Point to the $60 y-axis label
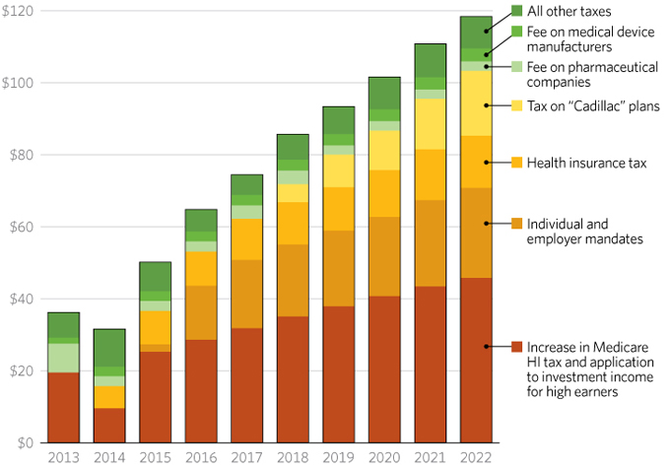pos(21,227)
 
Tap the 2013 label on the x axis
pos(63,457)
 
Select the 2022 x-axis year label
pos(476,457)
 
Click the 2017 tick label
pos(246,457)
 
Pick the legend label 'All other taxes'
pos(569,11)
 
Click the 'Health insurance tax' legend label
pos(586,163)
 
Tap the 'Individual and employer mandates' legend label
pos(584,232)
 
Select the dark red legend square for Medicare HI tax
pos(516,347)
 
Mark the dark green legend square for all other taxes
pos(516,11)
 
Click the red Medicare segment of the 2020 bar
pos(384,368)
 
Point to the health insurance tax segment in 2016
pos(201,268)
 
